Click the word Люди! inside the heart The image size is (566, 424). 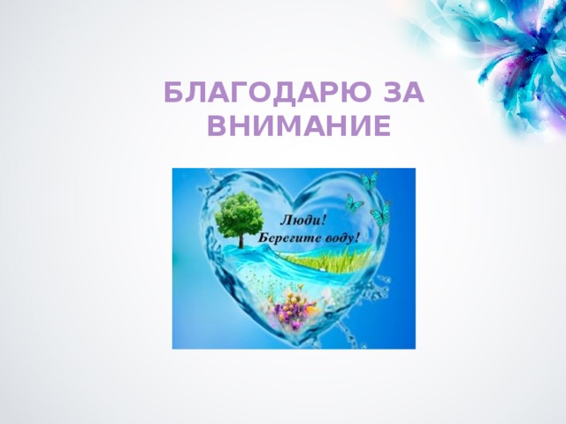pyautogui.click(x=302, y=220)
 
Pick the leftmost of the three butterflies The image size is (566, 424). pyautogui.click(x=355, y=202)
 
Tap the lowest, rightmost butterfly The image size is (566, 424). pyautogui.click(x=381, y=215)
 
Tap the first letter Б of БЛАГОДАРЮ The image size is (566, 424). pyautogui.click(x=174, y=93)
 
